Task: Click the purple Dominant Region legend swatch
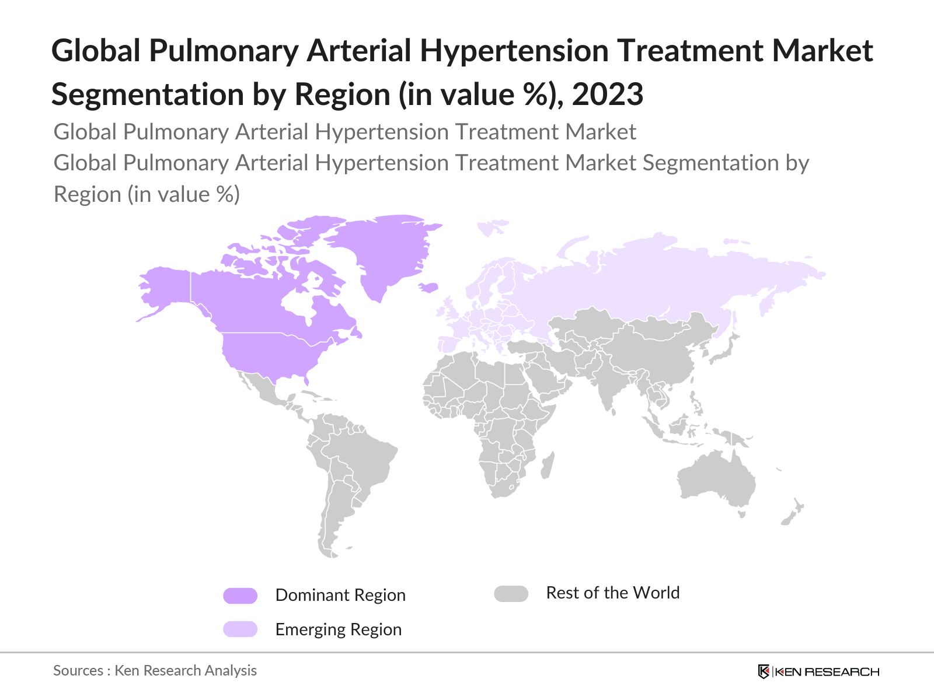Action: [x=240, y=596]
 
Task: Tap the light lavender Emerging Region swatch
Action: [x=240, y=629]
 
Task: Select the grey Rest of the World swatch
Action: [x=511, y=594]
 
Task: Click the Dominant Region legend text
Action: [x=340, y=595]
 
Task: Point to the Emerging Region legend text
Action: [x=339, y=629]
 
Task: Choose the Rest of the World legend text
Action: [x=612, y=593]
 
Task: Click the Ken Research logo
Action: [x=818, y=671]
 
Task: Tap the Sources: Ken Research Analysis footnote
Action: [x=155, y=670]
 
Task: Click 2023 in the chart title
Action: [x=607, y=94]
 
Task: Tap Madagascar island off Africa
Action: [x=547, y=466]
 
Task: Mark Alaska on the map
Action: [x=163, y=292]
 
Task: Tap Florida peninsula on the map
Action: [x=306, y=379]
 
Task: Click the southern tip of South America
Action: [x=327, y=551]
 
